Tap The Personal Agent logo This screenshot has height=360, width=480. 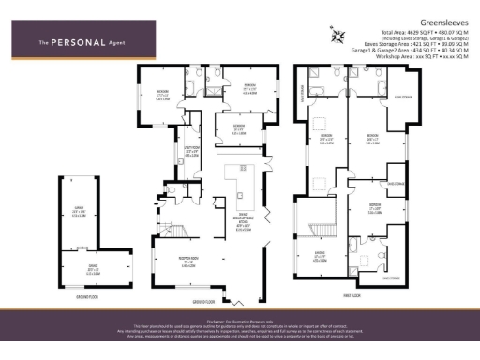[77, 43]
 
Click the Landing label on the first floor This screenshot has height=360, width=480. [320, 250]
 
